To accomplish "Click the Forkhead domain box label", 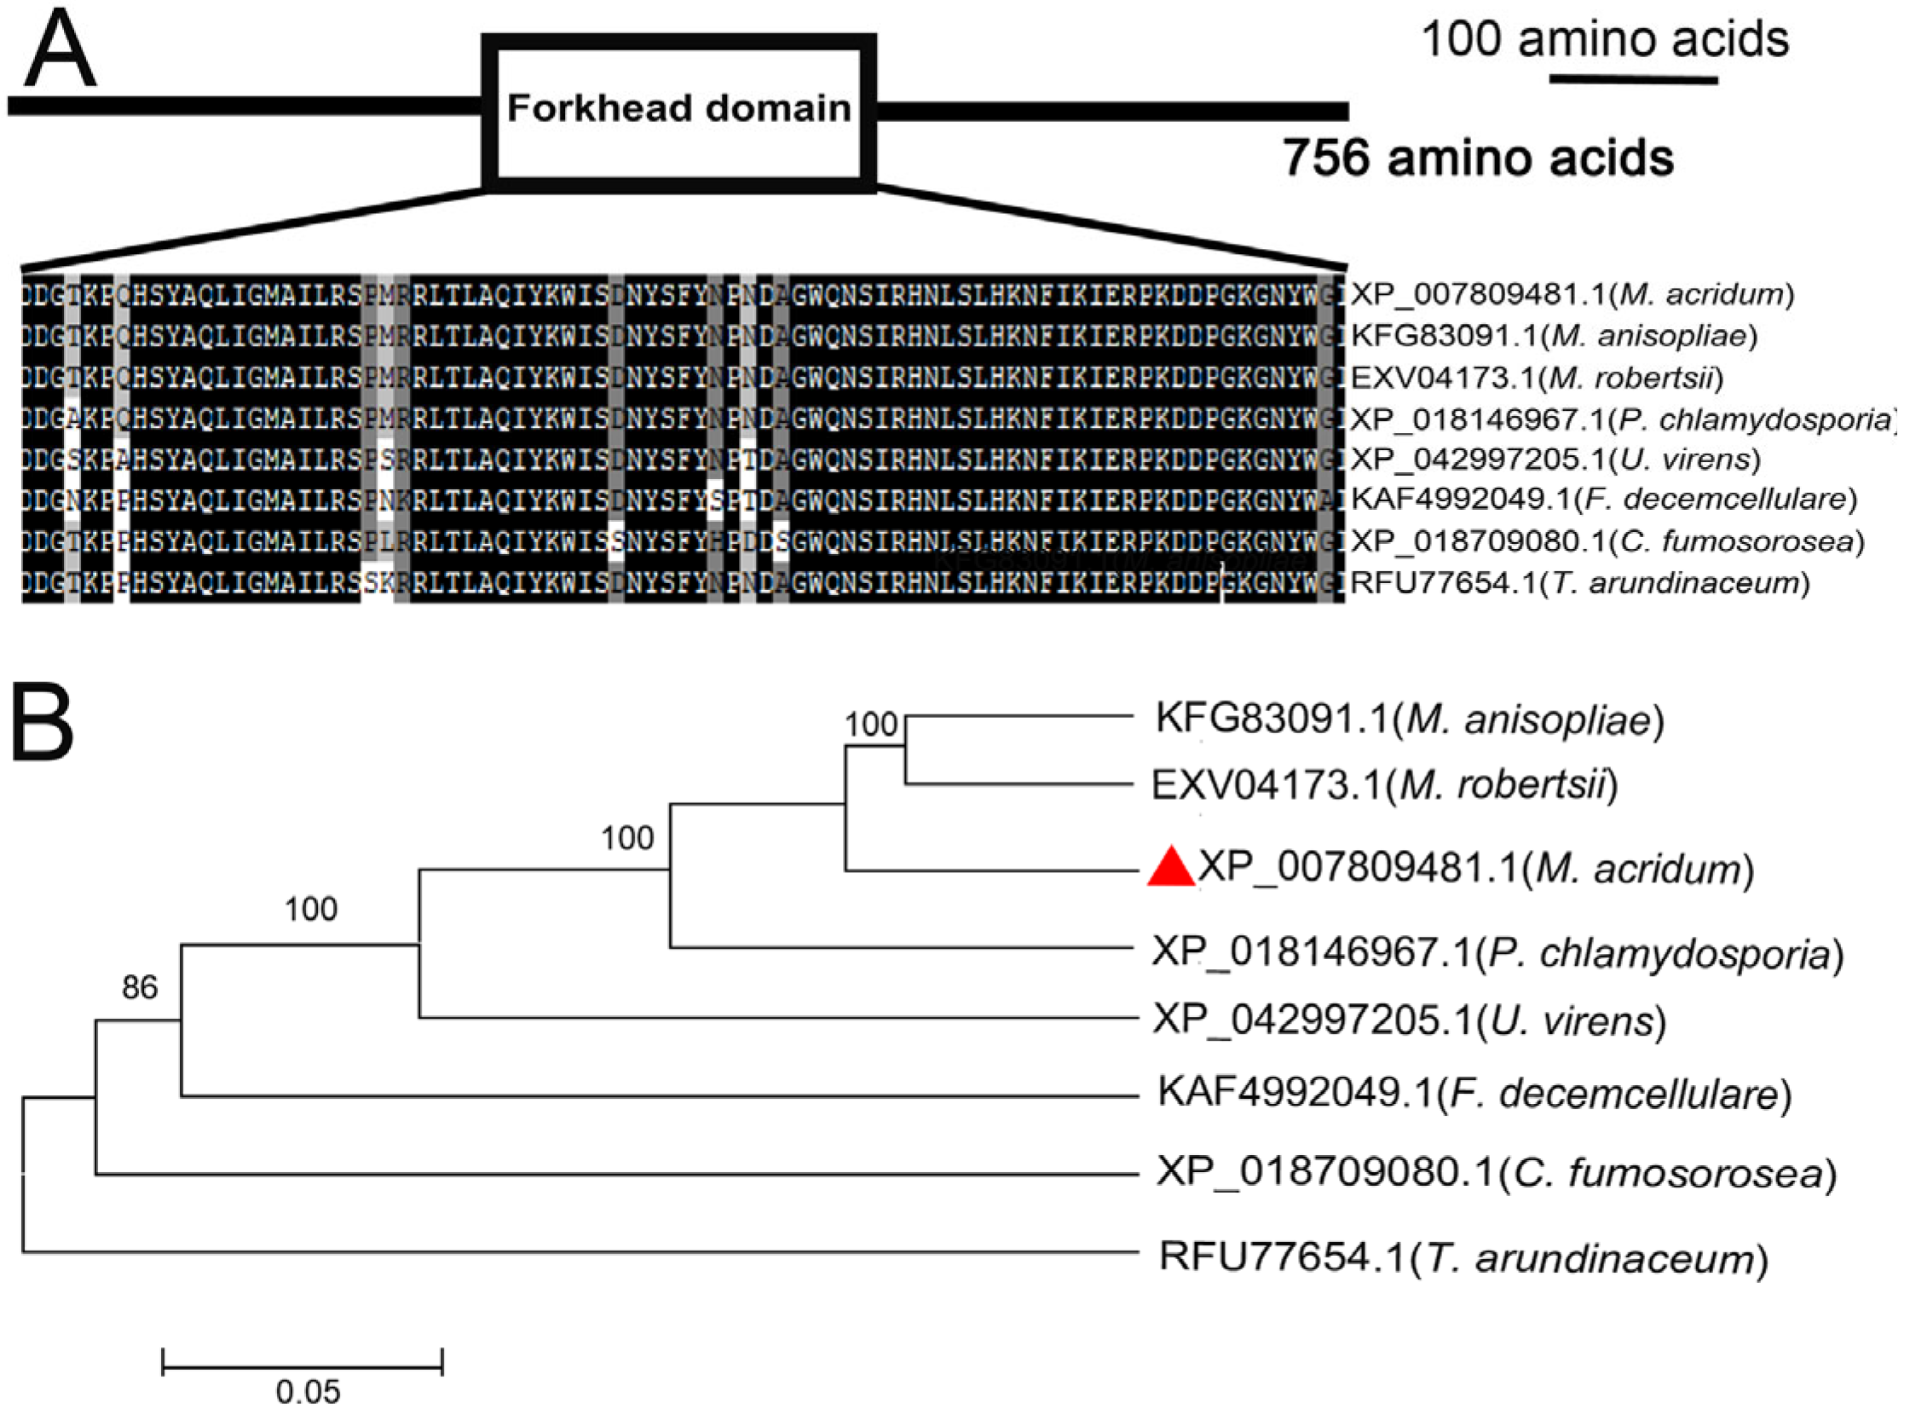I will (x=679, y=108).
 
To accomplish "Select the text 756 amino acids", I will (x=1478, y=158).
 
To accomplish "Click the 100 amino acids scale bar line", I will (x=1634, y=79).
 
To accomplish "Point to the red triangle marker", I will (x=1171, y=868).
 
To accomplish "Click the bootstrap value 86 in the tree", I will (x=140, y=987).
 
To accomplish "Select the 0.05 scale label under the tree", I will (x=308, y=1392).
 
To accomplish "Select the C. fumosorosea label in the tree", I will (x=1496, y=1173).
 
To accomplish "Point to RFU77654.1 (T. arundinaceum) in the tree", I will (x=1463, y=1258).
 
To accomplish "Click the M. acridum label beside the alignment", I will (x=1572, y=294).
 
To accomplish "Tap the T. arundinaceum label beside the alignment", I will (x=1579, y=584).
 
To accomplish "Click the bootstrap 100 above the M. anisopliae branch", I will (x=870, y=725).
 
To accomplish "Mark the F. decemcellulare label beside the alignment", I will (x=1605, y=500).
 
